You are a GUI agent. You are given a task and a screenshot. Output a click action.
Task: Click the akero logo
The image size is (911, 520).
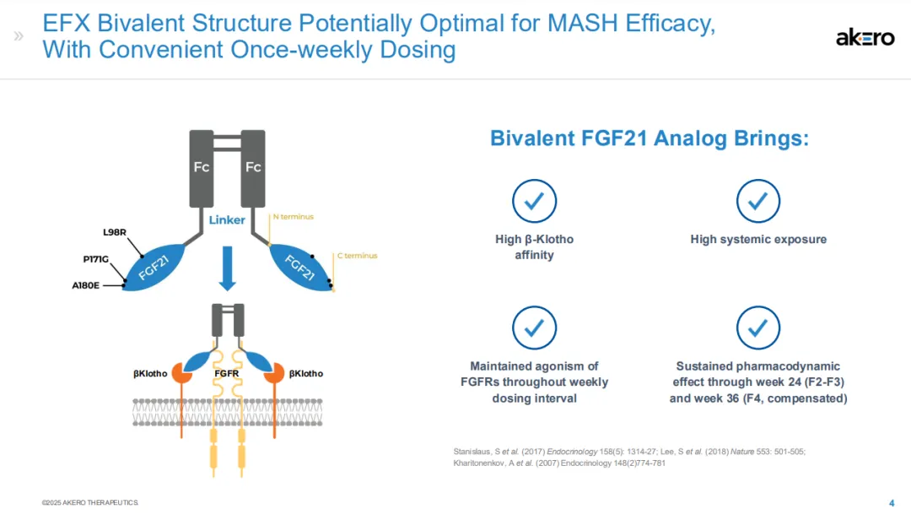coord(865,37)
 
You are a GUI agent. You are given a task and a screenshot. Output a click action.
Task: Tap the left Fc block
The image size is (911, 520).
coord(202,167)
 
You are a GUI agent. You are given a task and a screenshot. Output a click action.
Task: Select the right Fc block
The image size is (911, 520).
coord(253,167)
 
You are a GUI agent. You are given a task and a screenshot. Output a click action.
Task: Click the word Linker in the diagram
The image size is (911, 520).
coord(227,220)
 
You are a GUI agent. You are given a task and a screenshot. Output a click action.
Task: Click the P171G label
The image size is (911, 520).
coord(95,259)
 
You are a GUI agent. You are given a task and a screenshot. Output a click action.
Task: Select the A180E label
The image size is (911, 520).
coord(87,285)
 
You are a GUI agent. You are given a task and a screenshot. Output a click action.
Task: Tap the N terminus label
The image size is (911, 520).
coord(293,217)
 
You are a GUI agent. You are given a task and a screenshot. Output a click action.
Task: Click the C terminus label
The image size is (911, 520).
coord(357,256)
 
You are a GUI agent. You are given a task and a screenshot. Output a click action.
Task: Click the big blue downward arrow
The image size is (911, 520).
coord(227,269)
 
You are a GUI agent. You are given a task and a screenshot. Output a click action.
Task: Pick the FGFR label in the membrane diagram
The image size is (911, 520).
coord(227,373)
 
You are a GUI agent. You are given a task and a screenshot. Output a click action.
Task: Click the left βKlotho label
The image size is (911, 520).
coord(150,373)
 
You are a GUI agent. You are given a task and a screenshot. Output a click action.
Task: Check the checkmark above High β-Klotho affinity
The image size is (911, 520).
coord(534,201)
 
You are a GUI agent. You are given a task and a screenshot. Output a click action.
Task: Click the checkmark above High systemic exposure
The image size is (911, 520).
coord(757,201)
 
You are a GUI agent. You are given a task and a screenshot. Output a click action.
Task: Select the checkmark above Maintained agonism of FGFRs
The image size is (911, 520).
coord(534,328)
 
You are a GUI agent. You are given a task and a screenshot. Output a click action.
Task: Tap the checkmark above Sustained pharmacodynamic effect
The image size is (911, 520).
coord(757,328)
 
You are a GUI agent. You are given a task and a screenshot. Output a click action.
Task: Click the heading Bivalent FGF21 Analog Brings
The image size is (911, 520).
coord(650,138)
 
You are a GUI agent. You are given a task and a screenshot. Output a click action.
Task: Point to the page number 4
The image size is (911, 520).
coord(892,502)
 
